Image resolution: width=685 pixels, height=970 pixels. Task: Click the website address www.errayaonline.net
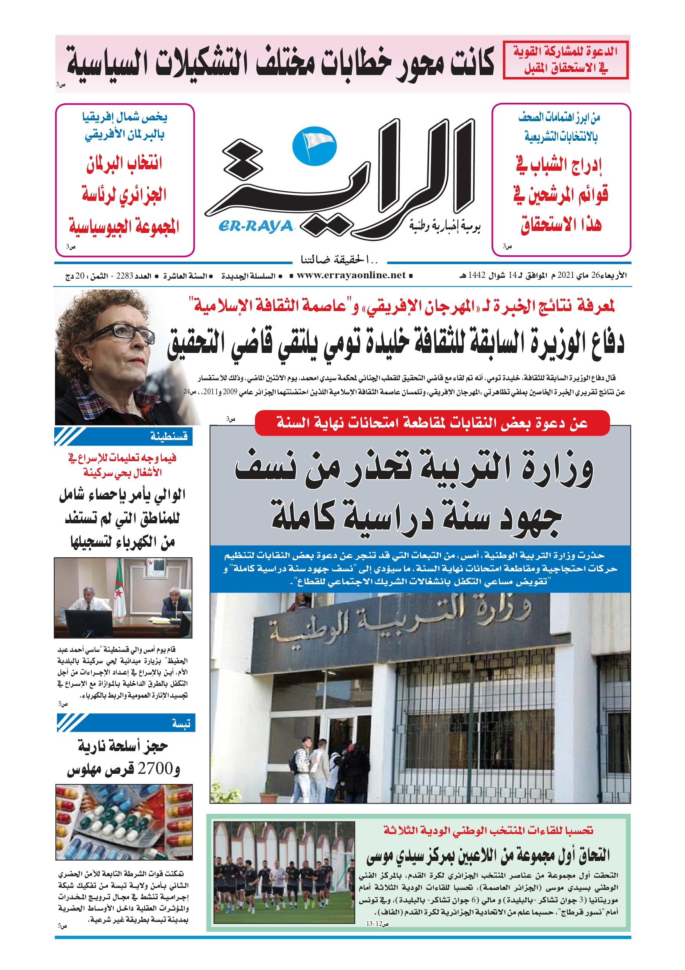click(x=351, y=276)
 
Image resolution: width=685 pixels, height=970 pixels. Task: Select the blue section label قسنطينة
click(x=169, y=436)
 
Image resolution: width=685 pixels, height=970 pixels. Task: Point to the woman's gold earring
click(x=88, y=369)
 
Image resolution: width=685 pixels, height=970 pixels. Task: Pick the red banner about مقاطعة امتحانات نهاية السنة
click(x=432, y=422)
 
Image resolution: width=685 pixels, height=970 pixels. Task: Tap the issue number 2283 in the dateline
click(x=125, y=276)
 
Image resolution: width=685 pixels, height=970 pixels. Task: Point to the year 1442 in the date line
click(x=477, y=276)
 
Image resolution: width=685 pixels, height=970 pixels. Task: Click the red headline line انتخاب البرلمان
click(x=124, y=163)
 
